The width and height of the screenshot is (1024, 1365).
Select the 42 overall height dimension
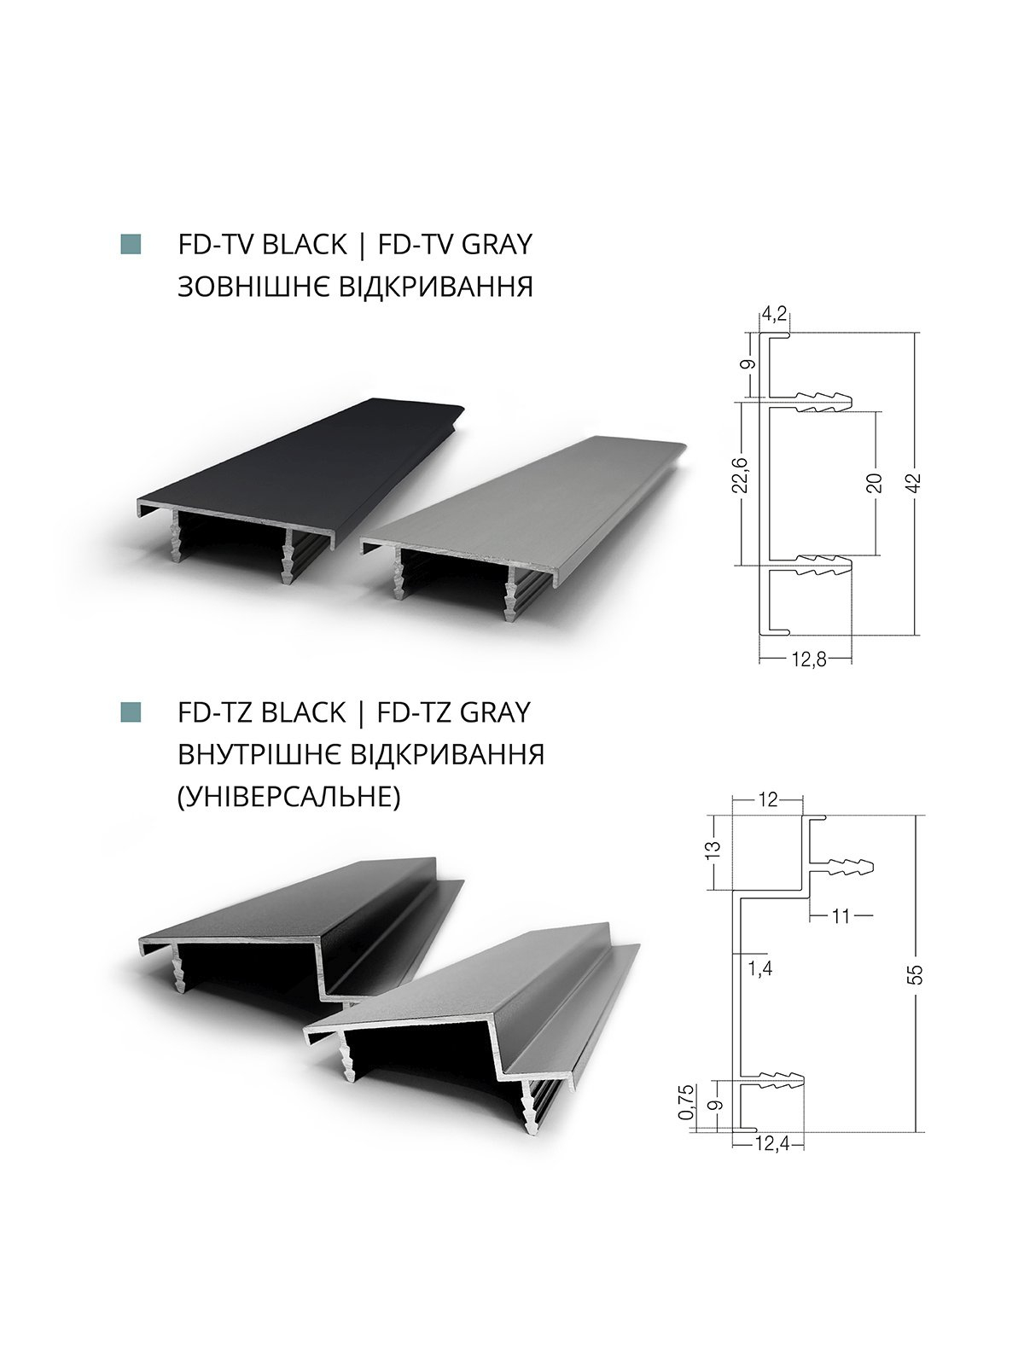point(913,483)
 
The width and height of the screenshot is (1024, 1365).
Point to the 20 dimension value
point(875,483)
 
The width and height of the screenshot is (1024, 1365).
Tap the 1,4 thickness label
point(760,967)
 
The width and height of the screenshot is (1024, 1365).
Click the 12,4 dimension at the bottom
point(771,1142)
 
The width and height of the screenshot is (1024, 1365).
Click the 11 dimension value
point(841,915)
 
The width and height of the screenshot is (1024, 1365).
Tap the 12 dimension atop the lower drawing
point(769,799)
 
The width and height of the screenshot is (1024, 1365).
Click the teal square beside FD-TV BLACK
point(131,244)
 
